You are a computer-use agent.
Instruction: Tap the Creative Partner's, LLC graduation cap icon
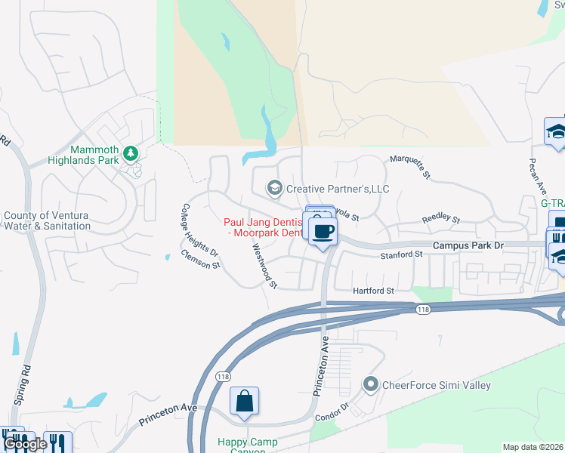pos(274,187)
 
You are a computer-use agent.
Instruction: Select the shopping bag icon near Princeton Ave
pos(245,401)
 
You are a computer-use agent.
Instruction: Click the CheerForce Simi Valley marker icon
pos(370,385)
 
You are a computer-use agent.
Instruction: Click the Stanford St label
pos(402,255)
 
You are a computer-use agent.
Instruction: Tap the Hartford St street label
pos(374,291)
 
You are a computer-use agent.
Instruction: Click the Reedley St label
pos(440,220)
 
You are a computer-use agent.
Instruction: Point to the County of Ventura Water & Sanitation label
pos(47,220)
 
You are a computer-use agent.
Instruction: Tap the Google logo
pos(24,444)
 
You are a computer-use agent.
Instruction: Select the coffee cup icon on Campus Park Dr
pos(323,231)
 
